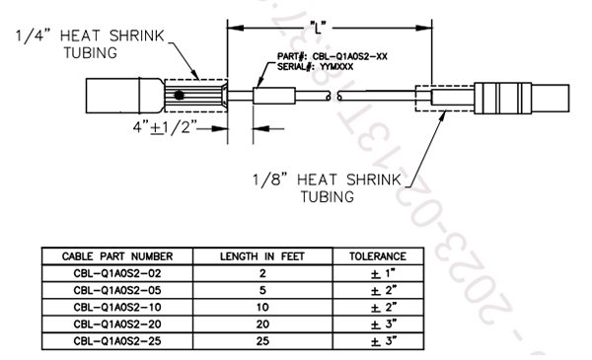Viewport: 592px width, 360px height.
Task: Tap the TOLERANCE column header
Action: pyautogui.click(x=378, y=255)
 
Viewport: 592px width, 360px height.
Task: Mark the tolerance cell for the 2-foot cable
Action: pyautogui.click(x=378, y=271)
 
